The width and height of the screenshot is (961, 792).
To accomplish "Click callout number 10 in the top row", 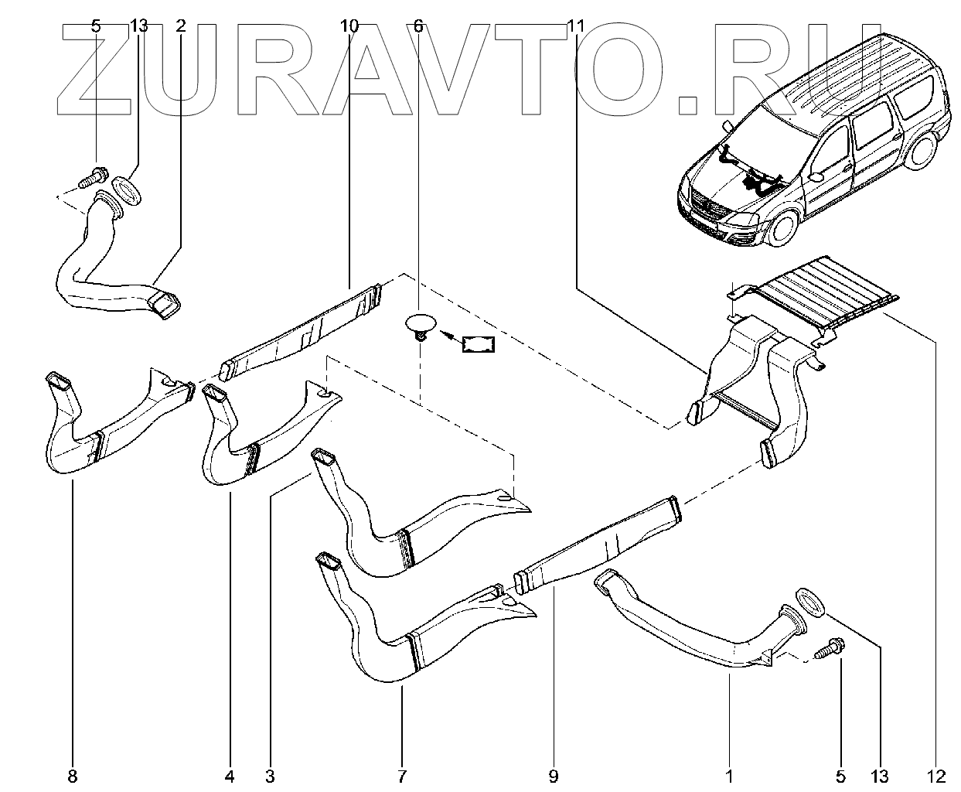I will tap(349, 26).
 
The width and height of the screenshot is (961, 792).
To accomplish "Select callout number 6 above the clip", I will tap(418, 26).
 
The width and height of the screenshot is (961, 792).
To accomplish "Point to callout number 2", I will tap(181, 26).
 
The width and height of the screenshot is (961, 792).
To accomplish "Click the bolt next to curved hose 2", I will tap(92, 177).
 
